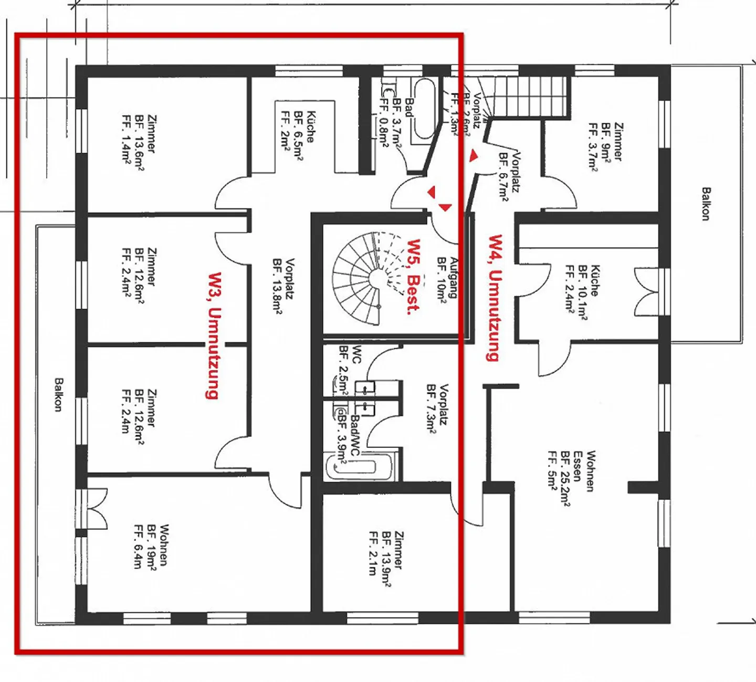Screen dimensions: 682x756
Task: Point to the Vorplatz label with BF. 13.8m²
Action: tap(283, 286)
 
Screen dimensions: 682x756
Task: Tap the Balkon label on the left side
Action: tap(58, 394)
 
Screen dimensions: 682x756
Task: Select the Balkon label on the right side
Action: tap(706, 204)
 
